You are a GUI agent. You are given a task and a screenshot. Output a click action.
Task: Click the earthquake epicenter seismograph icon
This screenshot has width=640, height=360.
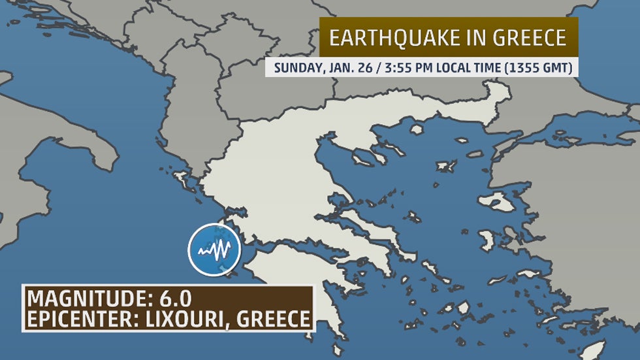click(x=214, y=250)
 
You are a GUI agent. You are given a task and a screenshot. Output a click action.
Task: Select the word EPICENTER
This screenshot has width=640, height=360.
click(x=84, y=319)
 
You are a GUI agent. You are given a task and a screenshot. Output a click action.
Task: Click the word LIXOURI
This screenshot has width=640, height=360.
click(x=190, y=319)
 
